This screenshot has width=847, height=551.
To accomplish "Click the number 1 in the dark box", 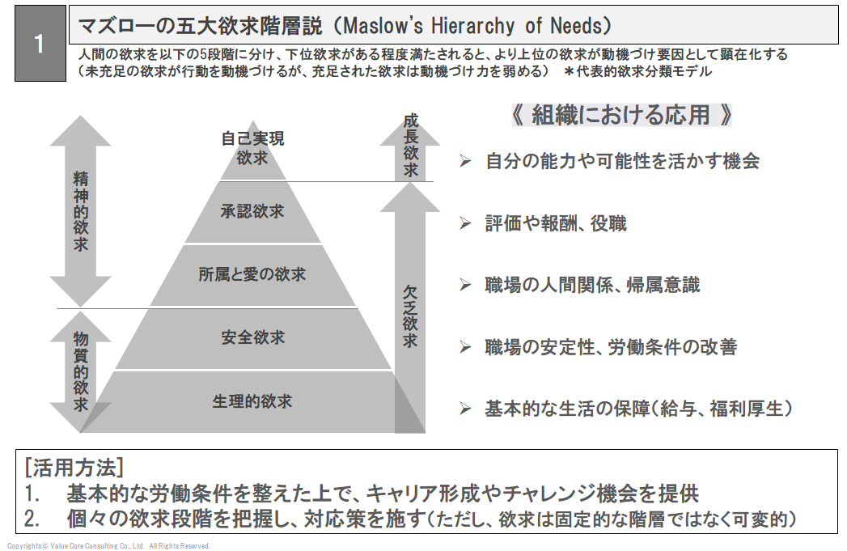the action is [x=39, y=44].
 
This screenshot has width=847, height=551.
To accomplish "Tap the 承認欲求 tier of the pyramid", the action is [x=252, y=212].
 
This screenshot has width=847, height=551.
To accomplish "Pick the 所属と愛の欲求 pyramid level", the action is [x=252, y=275].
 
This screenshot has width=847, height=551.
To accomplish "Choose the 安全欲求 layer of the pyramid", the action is [x=252, y=338].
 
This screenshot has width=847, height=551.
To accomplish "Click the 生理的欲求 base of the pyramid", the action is [x=252, y=401].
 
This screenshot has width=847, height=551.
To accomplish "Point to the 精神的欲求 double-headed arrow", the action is [x=80, y=211].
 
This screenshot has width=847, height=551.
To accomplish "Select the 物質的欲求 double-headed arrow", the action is [x=80, y=371].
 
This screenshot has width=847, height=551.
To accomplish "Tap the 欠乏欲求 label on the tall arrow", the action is [x=410, y=316].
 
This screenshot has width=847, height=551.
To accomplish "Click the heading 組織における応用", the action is [x=621, y=115].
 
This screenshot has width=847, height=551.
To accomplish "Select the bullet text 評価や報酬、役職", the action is [x=555, y=223].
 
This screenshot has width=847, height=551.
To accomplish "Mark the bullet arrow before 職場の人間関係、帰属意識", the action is [x=465, y=285].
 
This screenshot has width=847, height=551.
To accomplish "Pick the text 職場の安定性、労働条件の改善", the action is [x=611, y=347].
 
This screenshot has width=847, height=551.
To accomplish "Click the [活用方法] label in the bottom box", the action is [x=74, y=467].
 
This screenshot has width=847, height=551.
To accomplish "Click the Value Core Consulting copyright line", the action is [x=108, y=545].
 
